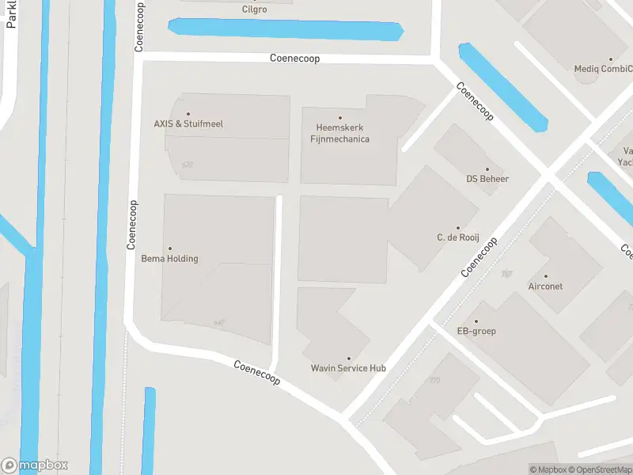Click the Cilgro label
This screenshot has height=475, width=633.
click(254, 9)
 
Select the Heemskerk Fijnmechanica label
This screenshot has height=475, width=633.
click(339, 133)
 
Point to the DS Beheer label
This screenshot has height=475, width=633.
click(487, 179)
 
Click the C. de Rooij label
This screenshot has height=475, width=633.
click(458, 237)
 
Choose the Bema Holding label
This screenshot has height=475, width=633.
click(169, 259)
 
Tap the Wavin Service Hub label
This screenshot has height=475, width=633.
click(348, 368)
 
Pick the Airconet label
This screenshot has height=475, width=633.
click(545, 287)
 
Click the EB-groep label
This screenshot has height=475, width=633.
click(476, 331)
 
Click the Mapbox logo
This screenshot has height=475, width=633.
click(35, 465)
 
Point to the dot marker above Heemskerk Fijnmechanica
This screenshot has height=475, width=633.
click(340, 118)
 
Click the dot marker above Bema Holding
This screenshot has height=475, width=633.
click(169, 249)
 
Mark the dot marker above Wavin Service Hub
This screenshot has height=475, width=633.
click(348, 358)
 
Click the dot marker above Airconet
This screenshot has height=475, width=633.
click(545, 276)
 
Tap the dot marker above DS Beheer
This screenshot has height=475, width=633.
click(487, 169)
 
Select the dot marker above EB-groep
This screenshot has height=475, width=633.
click(476, 321)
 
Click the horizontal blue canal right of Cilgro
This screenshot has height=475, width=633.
click(285, 30)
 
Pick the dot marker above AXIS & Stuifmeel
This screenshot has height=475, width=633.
click(188, 114)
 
